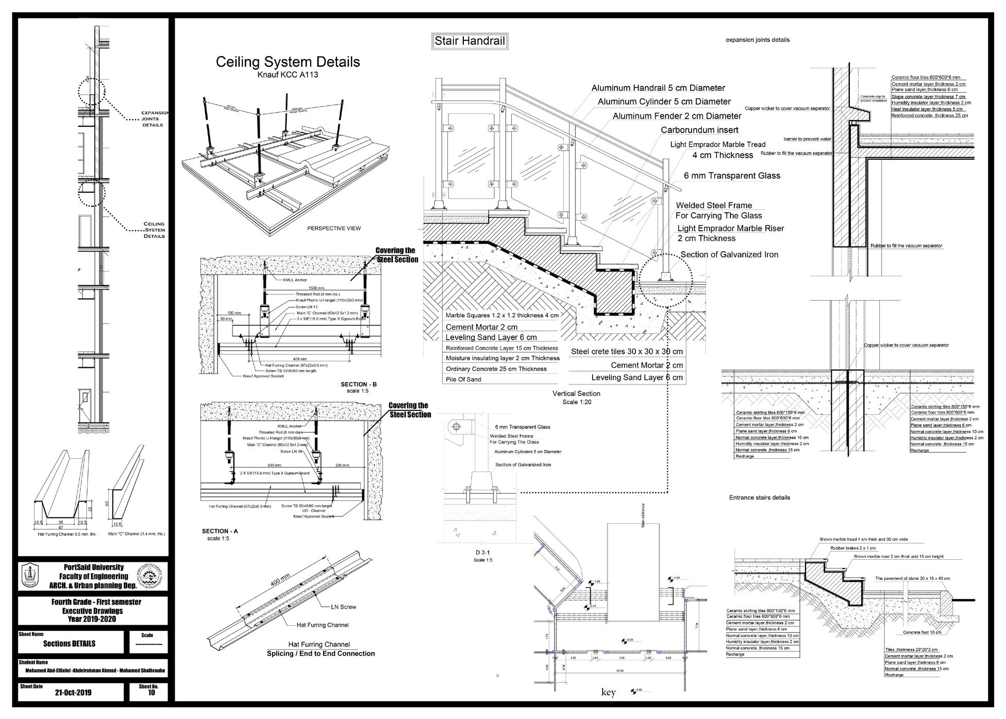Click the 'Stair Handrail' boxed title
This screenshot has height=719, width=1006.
tap(470, 41)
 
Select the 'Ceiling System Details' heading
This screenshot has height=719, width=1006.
tap(288, 62)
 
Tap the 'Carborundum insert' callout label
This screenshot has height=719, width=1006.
tap(699, 130)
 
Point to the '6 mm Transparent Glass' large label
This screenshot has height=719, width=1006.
tap(732, 176)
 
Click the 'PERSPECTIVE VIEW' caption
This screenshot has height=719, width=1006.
tap(334, 228)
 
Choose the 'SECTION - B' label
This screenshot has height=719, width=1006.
tap(359, 384)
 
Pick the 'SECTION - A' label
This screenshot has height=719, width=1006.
tap(220, 531)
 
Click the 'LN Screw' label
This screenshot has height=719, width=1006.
tap(344, 607)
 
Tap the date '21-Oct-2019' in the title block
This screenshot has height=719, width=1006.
tap(73, 692)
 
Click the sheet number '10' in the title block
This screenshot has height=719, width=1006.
tap(151, 693)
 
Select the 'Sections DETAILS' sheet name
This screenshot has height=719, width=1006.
tap(69, 644)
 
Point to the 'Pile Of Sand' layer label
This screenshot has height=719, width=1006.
tap(463, 379)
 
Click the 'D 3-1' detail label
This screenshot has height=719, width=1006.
tap(483, 553)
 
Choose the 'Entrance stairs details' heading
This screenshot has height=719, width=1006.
tap(759, 497)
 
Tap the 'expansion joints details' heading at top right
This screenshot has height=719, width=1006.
tap(757, 40)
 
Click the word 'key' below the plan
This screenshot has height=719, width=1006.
tap(608, 692)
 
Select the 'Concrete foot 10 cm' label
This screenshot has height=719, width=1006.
tap(922, 632)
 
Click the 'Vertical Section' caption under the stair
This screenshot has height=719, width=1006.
tap(576, 394)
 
